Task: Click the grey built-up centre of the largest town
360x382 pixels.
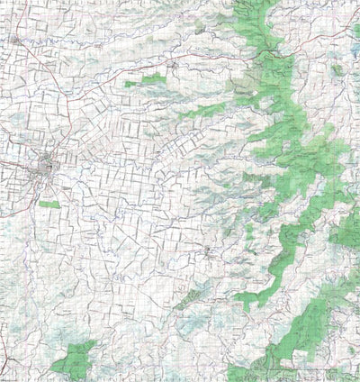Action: point(45,167)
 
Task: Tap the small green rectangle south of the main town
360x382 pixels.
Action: point(50,205)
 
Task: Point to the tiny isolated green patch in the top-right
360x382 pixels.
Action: point(337,69)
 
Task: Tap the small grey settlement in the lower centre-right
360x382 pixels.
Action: point(209,251)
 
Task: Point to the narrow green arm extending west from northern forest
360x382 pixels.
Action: point(202,113)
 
